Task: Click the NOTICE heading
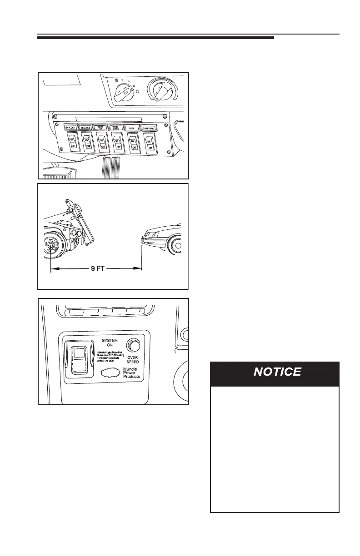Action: pyautogui.click(x=277, y=372)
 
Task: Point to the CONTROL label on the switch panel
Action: pyautogui.click(x=149, y=129)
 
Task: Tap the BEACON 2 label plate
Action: pyautogui.click(x=86, y=129)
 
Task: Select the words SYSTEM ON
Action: pyautogui.click(x=109, y=344)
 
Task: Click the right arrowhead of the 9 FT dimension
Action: pyautogui.click(x=138, y=269)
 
